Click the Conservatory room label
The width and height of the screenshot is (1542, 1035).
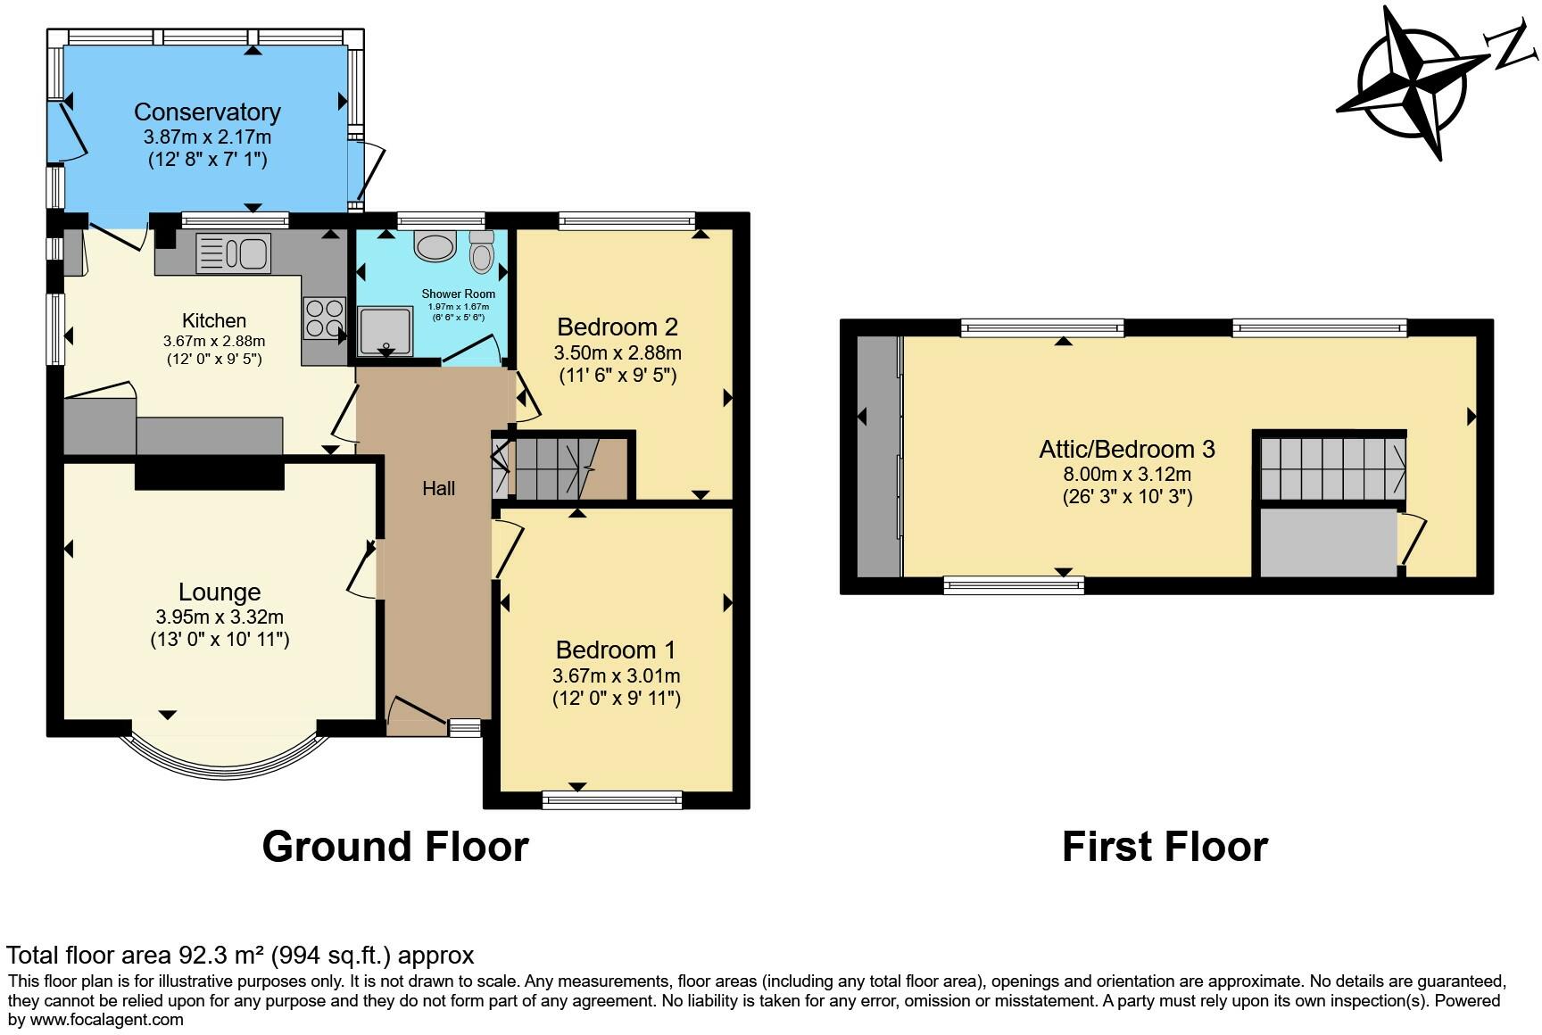coord(207,112)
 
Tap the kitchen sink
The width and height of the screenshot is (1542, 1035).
coord(233,253)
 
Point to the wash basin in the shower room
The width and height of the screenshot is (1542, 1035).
coord(435,246)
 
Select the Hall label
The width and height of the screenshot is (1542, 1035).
coord(438,488)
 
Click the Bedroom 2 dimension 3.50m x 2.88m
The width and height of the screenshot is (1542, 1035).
coord(618,352)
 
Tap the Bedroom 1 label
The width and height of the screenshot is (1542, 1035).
coord(616,650)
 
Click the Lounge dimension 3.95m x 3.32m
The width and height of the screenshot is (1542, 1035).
coord(220,617)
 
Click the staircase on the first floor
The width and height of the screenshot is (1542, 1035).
coord(1332,468)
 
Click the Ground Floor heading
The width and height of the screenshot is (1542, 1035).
coord(395,846)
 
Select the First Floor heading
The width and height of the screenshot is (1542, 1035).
coord(1165,846)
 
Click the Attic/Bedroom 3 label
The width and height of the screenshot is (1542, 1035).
coord(1127,449)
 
